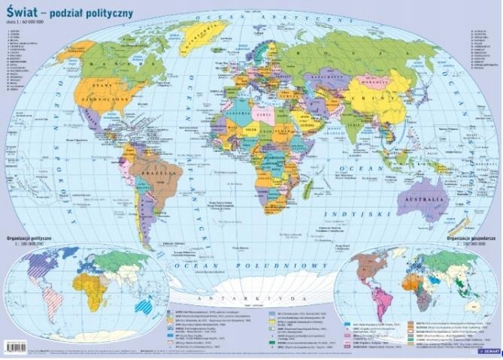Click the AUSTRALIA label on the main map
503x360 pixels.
coord(422,199)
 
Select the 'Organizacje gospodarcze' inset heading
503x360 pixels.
coord(470,237)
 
